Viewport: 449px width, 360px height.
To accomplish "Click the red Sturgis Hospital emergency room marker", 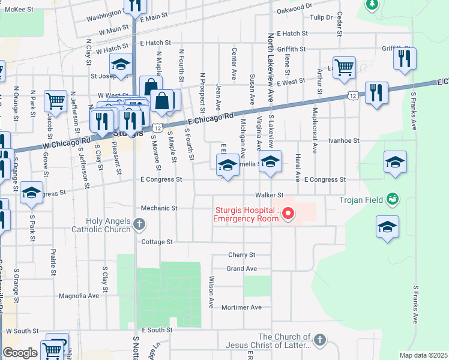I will point(289,214).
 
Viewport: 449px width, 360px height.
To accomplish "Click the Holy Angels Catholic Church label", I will point(108,225).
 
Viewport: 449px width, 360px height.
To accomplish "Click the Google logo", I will point(19,353).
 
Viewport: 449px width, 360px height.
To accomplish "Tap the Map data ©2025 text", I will point(423,355).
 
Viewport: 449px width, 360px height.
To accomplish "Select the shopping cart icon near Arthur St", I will point(344,67).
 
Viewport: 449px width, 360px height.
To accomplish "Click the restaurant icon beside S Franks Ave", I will point(405,58).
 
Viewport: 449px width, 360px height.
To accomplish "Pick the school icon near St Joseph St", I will point(121,65).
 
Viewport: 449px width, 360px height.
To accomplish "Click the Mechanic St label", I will point(159,208).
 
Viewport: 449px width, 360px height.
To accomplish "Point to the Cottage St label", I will point(157,242).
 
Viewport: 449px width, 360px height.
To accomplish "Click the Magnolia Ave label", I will point(79,296).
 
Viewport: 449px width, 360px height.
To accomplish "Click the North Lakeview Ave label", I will point(270,66).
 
